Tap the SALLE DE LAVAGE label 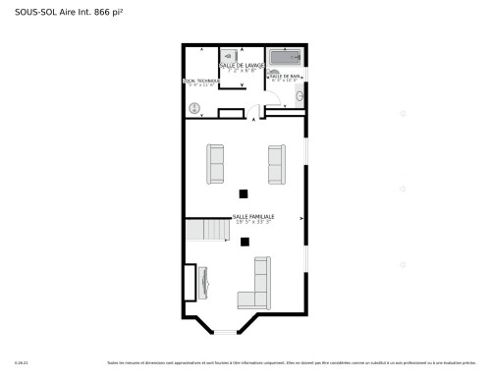tap(242, 65)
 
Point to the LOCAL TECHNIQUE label tap(201, 81)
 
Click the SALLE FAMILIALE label tap(253, 217)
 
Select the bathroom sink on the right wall tap(301, 96)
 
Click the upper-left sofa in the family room tap(215, 163)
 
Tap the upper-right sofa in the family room tap(276, 163)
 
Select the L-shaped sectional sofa tap(257, 287)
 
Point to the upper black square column tap(245, 192)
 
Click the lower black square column tap(245, 241)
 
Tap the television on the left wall tap(202, 283)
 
